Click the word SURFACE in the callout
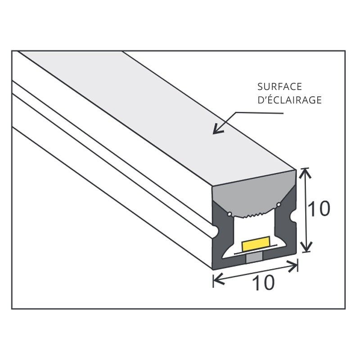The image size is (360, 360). [279, 86]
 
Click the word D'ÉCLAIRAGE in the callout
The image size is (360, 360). [289, 100]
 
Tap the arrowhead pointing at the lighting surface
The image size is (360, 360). [216, 131]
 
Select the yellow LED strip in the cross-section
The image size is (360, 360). [256, 244]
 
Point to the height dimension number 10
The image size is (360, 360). [319, 208]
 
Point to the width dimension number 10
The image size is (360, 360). [262, 283]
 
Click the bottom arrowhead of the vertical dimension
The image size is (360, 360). [306, 248]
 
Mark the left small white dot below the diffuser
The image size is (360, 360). [230, 213]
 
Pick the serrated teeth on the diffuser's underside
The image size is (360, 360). [255, 215]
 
